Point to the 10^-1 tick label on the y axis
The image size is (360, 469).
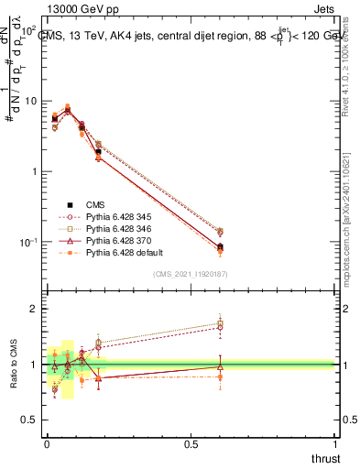pyautogui.click(x=27, y=242)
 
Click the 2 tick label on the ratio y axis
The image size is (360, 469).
pyautogui.click(x=34, y=310)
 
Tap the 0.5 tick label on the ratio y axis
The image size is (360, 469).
pyautogui.click(x=30, y=420)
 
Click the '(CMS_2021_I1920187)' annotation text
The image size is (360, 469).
pyautogui.click(x=191, y=275)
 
